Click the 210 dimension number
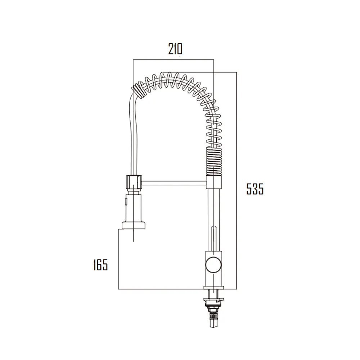click(x=175, y=49)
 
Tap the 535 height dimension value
click(x=255, y=189)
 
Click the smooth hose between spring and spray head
click(x=132, y=133)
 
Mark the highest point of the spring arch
click(x=169, y=76)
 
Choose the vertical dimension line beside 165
click(x=119, y=259)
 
